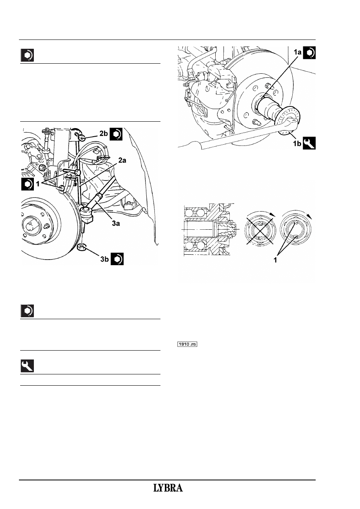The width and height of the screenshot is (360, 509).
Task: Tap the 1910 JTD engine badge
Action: [x=187, y=344]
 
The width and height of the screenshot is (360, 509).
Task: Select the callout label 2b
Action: [x=104, y=133]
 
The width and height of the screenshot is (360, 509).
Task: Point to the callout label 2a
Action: [x=122, y=160]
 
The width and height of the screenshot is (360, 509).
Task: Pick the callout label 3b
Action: [x=104, y=259]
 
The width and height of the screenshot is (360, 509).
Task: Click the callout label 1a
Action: [x=298, y=52]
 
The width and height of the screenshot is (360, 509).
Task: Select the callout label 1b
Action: [x=297, y=143]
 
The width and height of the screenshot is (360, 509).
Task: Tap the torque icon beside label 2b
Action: [x=116, y=134]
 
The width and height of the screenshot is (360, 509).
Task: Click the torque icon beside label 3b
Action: [x=117, y=259]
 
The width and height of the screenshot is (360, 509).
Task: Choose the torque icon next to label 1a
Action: [x=309, y=53]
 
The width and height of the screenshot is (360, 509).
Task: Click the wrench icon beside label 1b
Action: [x=309, y=143]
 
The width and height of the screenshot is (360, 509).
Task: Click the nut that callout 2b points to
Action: [x=81, y=138]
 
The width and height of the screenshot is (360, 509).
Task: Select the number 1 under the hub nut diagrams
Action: [x=275, y=260]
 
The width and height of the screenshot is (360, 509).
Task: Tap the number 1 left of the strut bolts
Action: [x=38, y=184]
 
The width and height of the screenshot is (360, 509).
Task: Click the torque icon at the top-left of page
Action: [x=27, y=55]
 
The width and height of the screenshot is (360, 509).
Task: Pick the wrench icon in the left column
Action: [x=27, y=366]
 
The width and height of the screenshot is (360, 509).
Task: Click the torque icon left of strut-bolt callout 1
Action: [x=27, y=184]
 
